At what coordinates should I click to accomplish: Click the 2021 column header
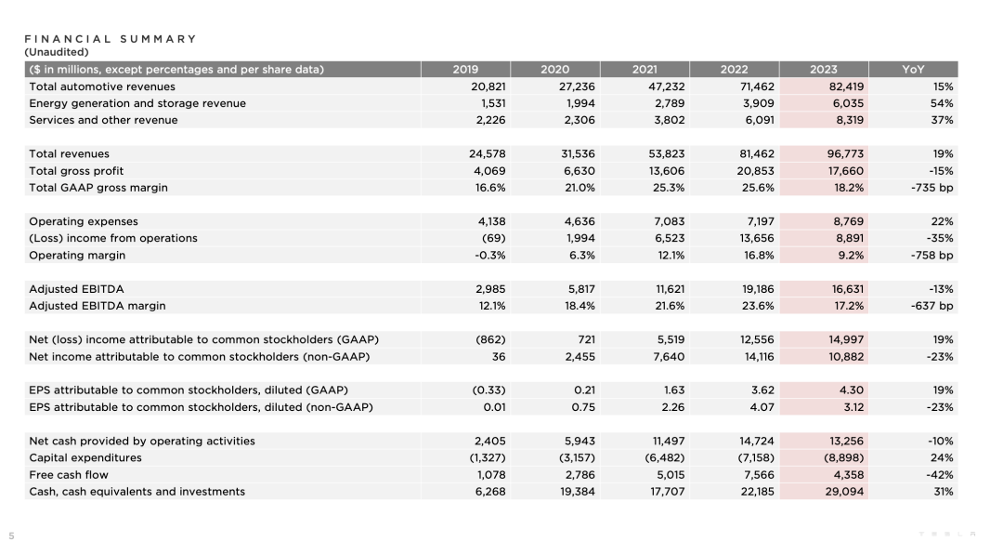[x=645, y=69]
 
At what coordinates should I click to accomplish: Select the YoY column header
[x=913, y=69]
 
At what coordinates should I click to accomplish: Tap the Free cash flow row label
[x=69, y=475]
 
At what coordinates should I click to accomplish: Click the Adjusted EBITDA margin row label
[x=98, y=306]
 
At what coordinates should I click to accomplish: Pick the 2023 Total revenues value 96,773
[x=845, y=153]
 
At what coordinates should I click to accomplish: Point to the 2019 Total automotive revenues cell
[x=488, y=86]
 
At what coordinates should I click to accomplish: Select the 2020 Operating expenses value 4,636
[x=580, y=221]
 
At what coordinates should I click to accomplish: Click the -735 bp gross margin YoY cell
[x=932, y=188]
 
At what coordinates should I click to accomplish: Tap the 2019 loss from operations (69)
[x=493, y=238]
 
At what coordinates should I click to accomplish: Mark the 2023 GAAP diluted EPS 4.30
[x=851, y=390]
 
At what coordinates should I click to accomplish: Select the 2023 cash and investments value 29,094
[x=844, y=492]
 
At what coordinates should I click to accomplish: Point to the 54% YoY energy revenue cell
[x=942, y=103]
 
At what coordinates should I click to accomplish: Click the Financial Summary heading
[x=111, y=39]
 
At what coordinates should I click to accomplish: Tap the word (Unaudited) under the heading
[x=57, y=52]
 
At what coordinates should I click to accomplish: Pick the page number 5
[x=11, y=535]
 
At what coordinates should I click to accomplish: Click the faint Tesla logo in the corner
[x=947, y=534]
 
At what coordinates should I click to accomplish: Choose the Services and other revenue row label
[x=103, y=120]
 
